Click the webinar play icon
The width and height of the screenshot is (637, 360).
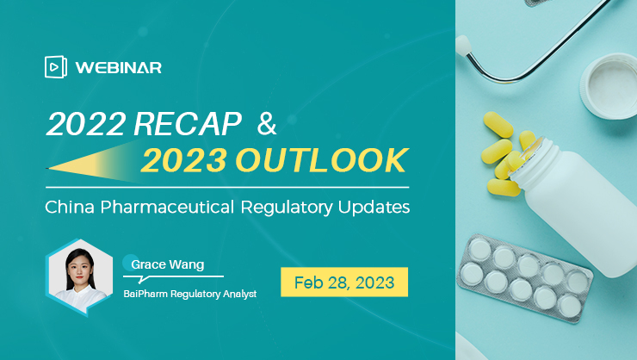[x=56, y=66]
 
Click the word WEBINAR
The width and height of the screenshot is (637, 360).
[x=119, y=67]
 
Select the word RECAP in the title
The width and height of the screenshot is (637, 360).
[x=188, y=123]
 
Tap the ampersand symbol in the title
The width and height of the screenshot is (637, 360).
[x=267, y=123]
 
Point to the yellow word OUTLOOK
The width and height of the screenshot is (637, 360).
[x=322, y=160]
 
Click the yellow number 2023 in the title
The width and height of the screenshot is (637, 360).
[x=184, y=160]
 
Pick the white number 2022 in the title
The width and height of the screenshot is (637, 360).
[x=86, y=123]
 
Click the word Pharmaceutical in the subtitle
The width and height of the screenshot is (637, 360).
[x=167, y=207]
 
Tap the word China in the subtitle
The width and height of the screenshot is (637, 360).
[x=70, y=207]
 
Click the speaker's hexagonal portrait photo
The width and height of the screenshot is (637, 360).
[x=79, y=276]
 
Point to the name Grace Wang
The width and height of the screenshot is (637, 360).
[x=167, y=264]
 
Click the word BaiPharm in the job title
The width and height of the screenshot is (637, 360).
[x=145, y=294]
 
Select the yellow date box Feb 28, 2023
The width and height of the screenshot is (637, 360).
[x=344, y=282]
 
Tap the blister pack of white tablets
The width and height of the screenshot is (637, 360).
[x=525, y=279]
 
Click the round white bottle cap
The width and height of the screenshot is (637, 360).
[x=609, y=86]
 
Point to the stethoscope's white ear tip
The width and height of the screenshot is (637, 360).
[x=462, y=46]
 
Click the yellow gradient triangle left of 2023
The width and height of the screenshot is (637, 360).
[x=94, y=164]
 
